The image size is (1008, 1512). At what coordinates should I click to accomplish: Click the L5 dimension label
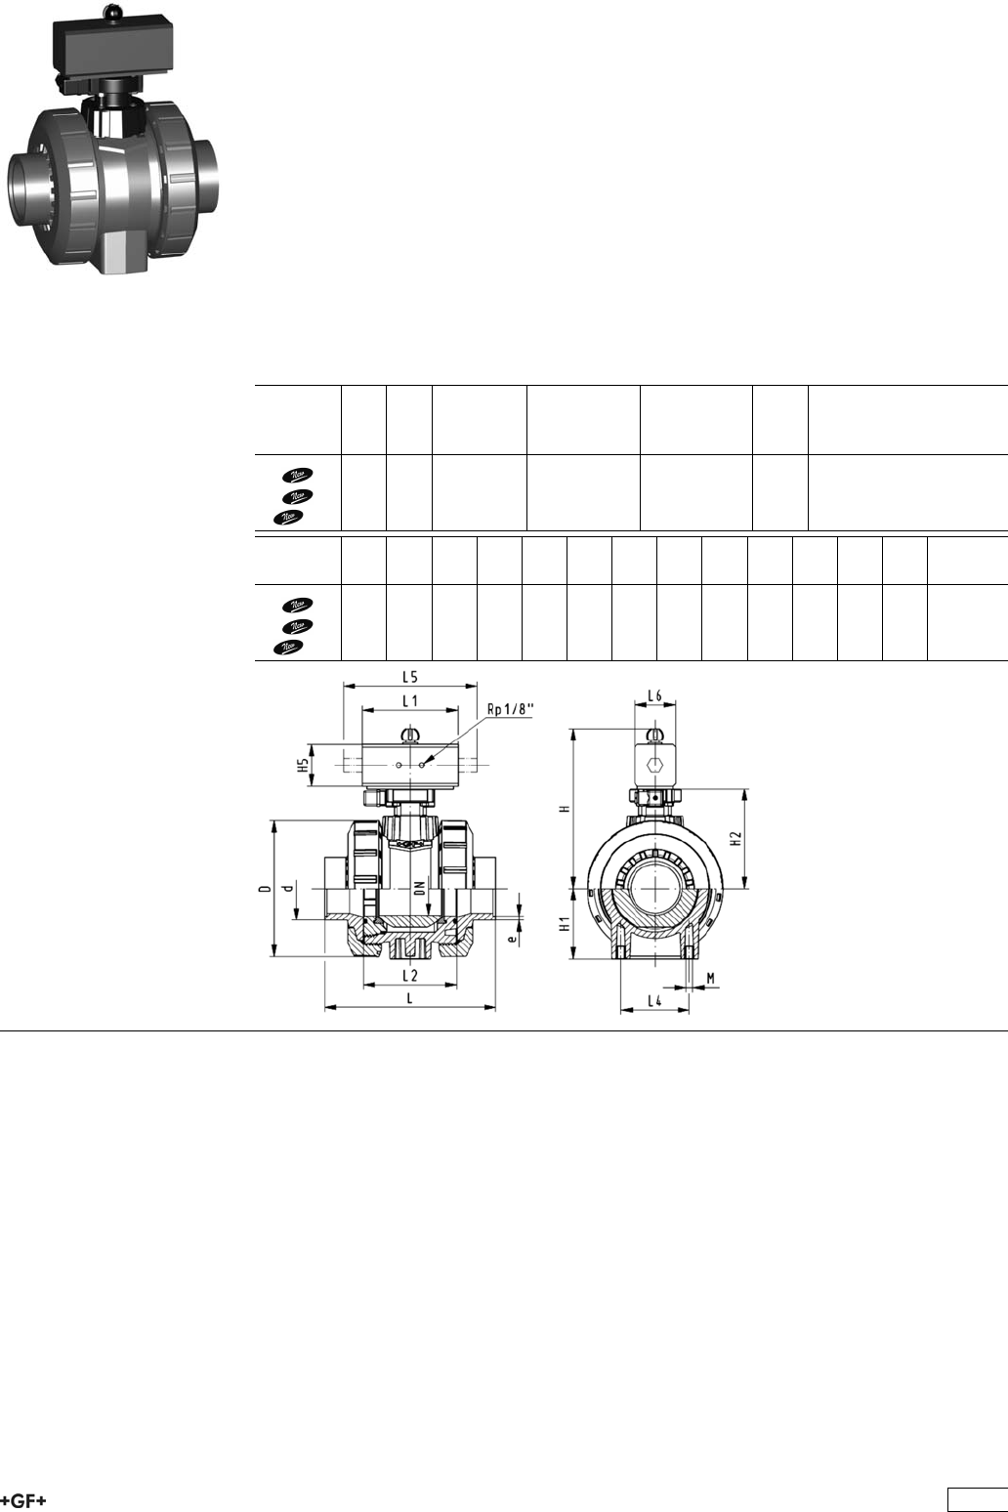pos(410,676)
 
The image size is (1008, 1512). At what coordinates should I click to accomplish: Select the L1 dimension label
pos(410,701)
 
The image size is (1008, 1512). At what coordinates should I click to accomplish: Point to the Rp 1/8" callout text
pos(511,709)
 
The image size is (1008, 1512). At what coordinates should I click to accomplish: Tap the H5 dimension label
pos(305,765)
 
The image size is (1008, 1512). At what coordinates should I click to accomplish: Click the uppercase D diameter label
pos(266,888)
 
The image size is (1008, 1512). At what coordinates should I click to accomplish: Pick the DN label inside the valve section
pos(420,888)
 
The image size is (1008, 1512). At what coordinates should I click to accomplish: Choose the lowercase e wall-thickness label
pos(513,939)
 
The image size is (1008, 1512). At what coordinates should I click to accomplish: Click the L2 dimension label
pos(410,976)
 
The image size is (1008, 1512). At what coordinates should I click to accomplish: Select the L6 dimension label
pos(654,695)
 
